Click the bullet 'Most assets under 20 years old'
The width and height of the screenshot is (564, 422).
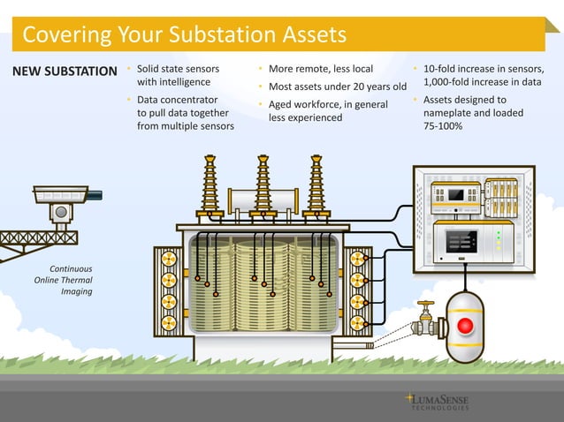click(x=337, y=87)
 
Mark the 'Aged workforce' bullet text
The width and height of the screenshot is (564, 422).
click(x=322, y=105)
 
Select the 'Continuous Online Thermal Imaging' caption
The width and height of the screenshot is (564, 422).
click(x=63, y=279)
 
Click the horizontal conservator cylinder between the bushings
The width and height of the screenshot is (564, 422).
click(x=263, y=200)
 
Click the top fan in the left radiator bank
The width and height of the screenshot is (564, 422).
click(x=168, y=259)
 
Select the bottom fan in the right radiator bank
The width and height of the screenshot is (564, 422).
click(x=357, y=322)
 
